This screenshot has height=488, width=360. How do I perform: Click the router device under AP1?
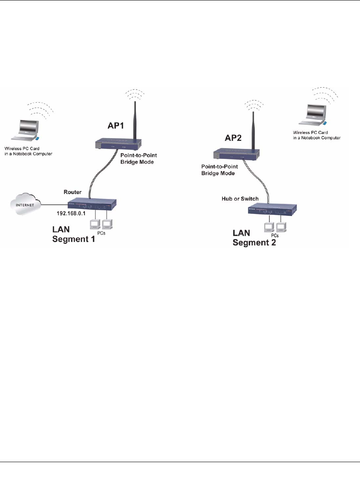(92, 204)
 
